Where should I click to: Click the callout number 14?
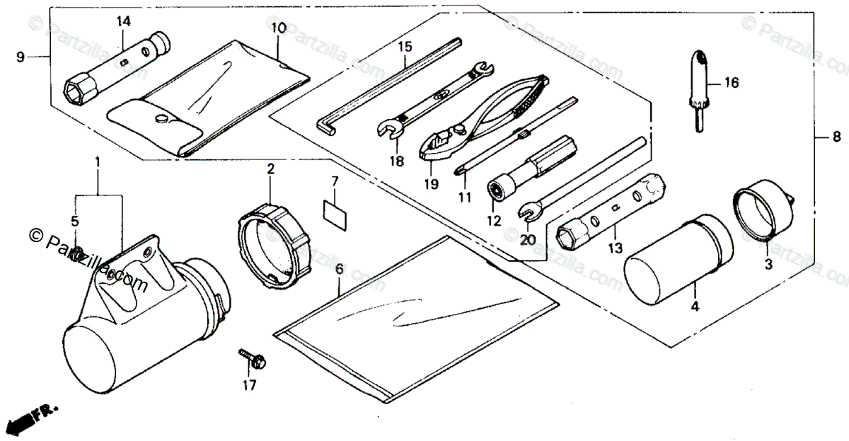click(124, 21)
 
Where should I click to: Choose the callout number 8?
click(836, 137)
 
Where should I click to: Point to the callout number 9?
click(20, 57)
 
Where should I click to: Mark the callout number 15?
click(404, 47)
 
